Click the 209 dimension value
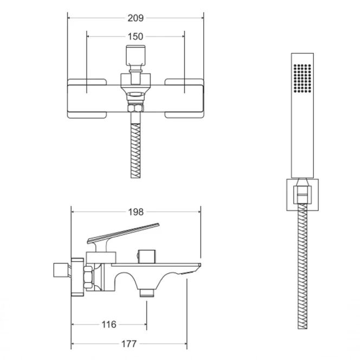[x=136, y=18]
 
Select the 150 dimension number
[x=136, y=36]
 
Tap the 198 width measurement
[x=136, y=212]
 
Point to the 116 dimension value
[x=109, y=324]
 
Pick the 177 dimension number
[x=129, y=344]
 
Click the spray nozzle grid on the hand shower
[x=303, y=79]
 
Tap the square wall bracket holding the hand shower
[x=303, y=195]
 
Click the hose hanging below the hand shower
[x=303, y=266]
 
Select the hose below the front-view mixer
[x=136, y=151]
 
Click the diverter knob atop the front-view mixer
[x=136, y=55]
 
